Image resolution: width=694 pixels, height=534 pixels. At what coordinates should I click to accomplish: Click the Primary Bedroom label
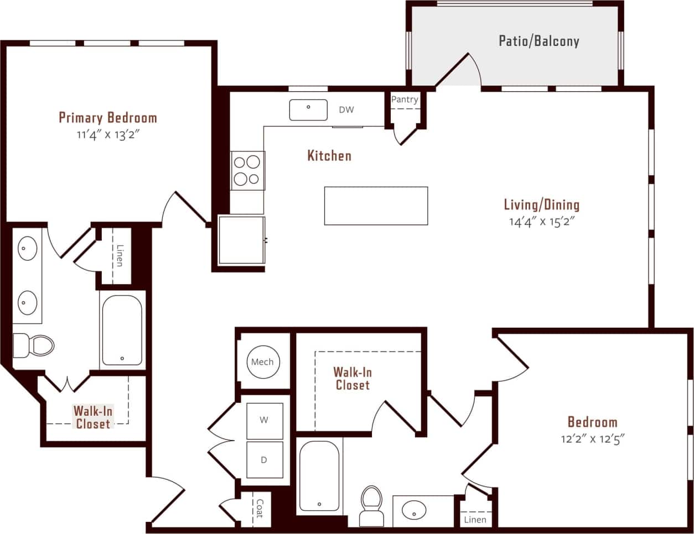click(108, 118)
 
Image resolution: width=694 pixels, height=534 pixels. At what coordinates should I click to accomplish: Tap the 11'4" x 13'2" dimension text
click(108, 135)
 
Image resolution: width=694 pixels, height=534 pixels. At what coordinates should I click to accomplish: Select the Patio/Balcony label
click(538, 41)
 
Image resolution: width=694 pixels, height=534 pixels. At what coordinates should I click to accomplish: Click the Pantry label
click(405, 100)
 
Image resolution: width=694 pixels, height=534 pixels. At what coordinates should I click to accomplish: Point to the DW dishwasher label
click(346, 110)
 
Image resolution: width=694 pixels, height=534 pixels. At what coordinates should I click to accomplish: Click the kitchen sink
click(308, 109)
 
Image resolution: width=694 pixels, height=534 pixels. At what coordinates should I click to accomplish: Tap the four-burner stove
click(247, 170)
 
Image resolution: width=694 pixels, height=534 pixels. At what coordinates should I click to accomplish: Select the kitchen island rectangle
click(376, 206)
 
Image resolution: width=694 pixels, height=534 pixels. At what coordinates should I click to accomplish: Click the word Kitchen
click(329, 156)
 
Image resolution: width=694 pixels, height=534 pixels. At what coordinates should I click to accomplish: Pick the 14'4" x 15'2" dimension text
click(542, 222)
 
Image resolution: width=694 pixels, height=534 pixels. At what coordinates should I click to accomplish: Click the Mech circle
click(262, 362)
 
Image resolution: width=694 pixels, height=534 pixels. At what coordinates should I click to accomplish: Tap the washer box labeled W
click(264, 420)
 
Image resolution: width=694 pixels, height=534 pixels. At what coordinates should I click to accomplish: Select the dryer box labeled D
click(264, 460)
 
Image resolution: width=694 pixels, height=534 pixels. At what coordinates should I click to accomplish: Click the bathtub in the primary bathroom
click(122, 330)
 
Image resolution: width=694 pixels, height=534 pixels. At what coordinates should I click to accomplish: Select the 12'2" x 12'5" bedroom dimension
click(592, 439)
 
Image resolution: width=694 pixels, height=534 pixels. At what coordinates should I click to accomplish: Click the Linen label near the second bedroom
click(475, 520)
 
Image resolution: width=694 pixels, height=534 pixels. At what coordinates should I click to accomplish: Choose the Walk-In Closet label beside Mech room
click(353, 379)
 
